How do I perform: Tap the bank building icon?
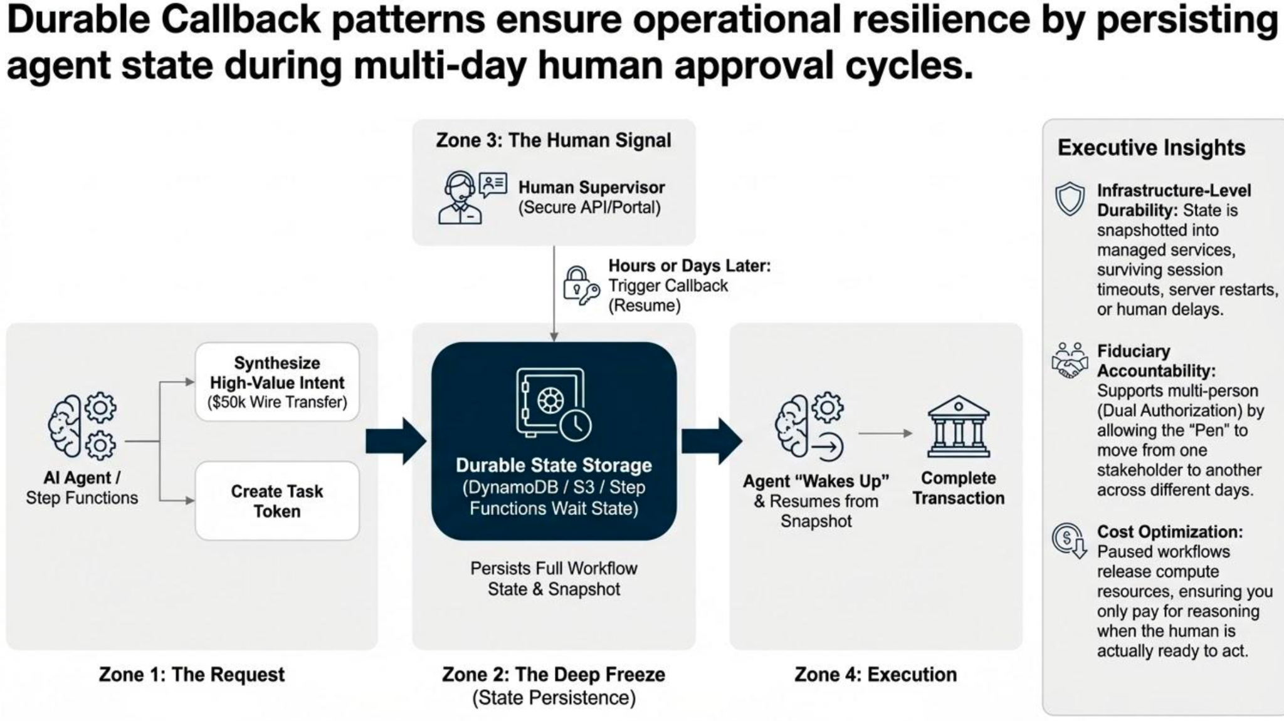(x=958, y=427)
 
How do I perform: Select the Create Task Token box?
(x=277, y=501)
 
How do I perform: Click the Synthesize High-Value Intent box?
(x=277, y=381)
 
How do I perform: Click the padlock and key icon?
(x=581, y=286)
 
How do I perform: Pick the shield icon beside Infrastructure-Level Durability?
(x=1070, y=199)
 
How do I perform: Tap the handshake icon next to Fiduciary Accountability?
(x=1070, y=360)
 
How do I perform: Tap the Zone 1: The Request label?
(x=192, y=674)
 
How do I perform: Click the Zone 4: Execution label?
(x=876, y=674)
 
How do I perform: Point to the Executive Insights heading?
(x=1151, y=147)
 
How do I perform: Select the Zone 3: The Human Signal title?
(x=554, y=140)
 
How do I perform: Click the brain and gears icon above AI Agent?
(x=82, y=425)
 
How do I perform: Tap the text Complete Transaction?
(x=958, y=488)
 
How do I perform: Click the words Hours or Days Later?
(x=690, y=266)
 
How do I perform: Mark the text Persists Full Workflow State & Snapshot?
(x=554, y=578)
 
